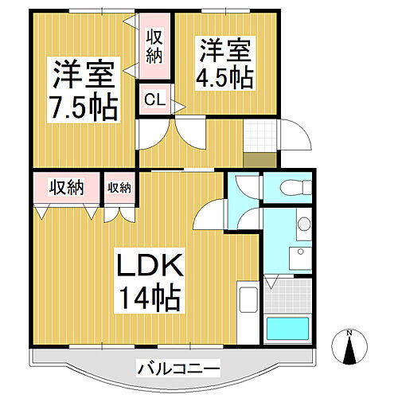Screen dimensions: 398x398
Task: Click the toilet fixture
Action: [x=290, y=188]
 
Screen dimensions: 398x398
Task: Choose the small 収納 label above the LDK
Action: [x=119, y=188]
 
